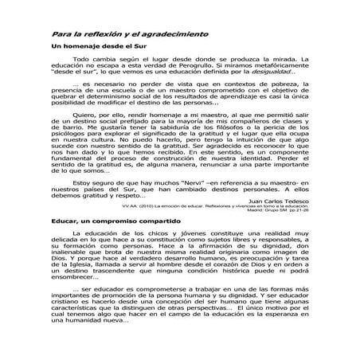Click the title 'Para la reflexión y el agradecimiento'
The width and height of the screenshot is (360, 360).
[x=130, y=35]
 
